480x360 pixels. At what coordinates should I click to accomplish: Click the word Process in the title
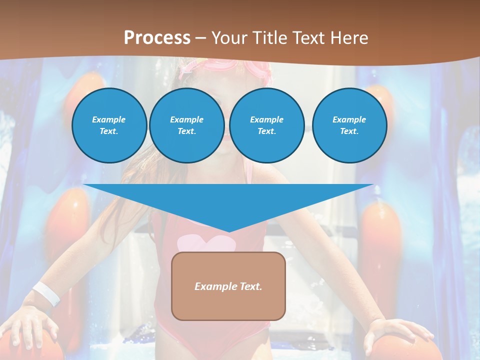click(x=157, y=38)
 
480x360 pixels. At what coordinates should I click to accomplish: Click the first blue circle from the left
click(x=109, y=125)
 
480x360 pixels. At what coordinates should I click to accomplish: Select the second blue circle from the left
click(x=186, y=125)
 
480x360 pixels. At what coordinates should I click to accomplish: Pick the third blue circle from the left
click(x=266, y=125)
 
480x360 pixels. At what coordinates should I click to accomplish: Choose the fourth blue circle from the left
click(x=349, y=125)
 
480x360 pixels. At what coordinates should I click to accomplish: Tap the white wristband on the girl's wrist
click(x=46, y=293)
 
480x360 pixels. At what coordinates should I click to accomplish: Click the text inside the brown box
click(x=228, y=286)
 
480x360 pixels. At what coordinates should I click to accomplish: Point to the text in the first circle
click(x=109, y=125)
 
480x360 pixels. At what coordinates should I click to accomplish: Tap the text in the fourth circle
click(x=349, y=125)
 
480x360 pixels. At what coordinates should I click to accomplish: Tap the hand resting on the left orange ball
click(x=32, y=325)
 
